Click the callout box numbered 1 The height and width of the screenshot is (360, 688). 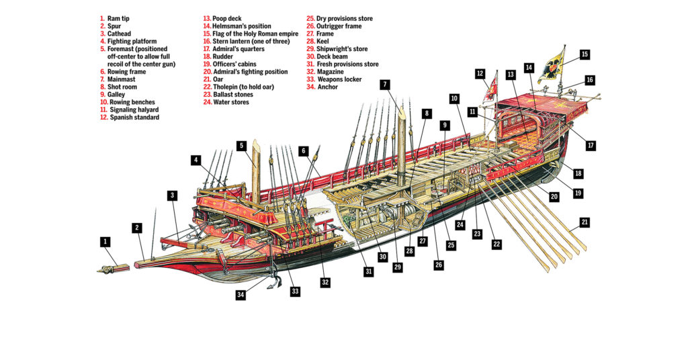105,240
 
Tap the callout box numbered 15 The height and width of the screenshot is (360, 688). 585,54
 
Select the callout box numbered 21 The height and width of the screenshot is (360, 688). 585,221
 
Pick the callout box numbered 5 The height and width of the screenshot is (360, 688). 241,145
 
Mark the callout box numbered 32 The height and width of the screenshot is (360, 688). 325,283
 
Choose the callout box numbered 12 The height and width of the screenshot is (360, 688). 480,73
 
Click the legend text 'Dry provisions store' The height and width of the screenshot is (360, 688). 344,19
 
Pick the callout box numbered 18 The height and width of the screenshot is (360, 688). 578,173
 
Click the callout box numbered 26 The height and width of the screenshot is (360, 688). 439,265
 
